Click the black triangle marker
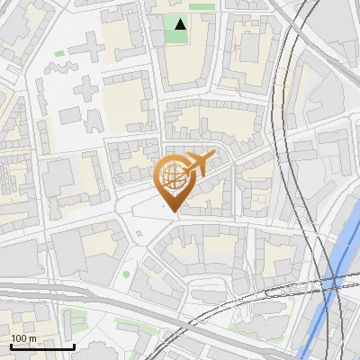[x=181, y=24]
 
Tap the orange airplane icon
[x=197, y=164]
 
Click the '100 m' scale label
[x=23, y=338]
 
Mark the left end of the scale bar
[x=11, y=346]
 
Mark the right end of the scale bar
[x=74, y=346]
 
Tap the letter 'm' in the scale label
[x=32, y=338]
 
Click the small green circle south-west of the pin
[x=126, y=273]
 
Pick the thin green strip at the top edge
[x=202, y=6]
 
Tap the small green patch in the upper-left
[x=59, y=53]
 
